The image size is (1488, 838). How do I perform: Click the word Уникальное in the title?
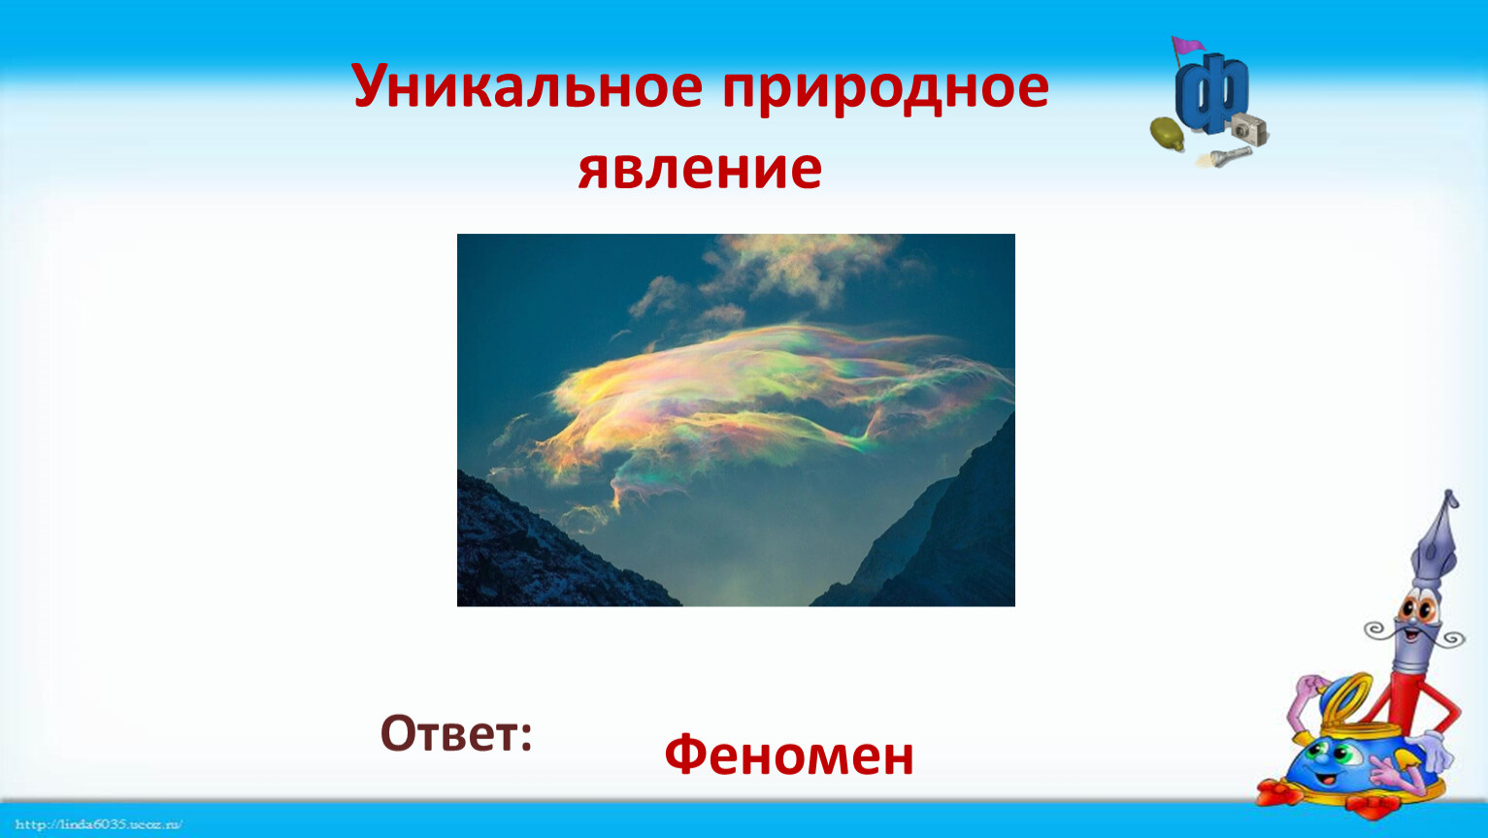[x=527, y=86]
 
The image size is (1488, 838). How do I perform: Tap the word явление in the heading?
[x=700, y=170]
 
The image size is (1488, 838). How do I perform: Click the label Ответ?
[x=456, y=733]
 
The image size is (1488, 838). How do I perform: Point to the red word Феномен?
[x=789, y=755]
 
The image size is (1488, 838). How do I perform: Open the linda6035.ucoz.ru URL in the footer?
[x=98, y=824]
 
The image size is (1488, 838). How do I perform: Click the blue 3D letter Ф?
[x=1211, y=94]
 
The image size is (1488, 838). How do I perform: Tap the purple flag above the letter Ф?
[x=1188, y=46]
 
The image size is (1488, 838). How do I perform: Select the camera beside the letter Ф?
[x=1249, y=129]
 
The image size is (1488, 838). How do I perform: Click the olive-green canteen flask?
[x=1168, y=134]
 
